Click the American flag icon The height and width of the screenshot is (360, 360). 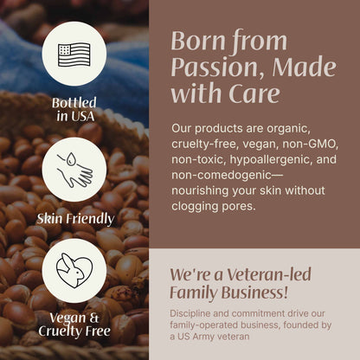[74, 54]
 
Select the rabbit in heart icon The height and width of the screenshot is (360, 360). [74, 271]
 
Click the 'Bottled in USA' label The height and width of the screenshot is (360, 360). [74, 108]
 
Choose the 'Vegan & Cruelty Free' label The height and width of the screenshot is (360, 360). [74, 324]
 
